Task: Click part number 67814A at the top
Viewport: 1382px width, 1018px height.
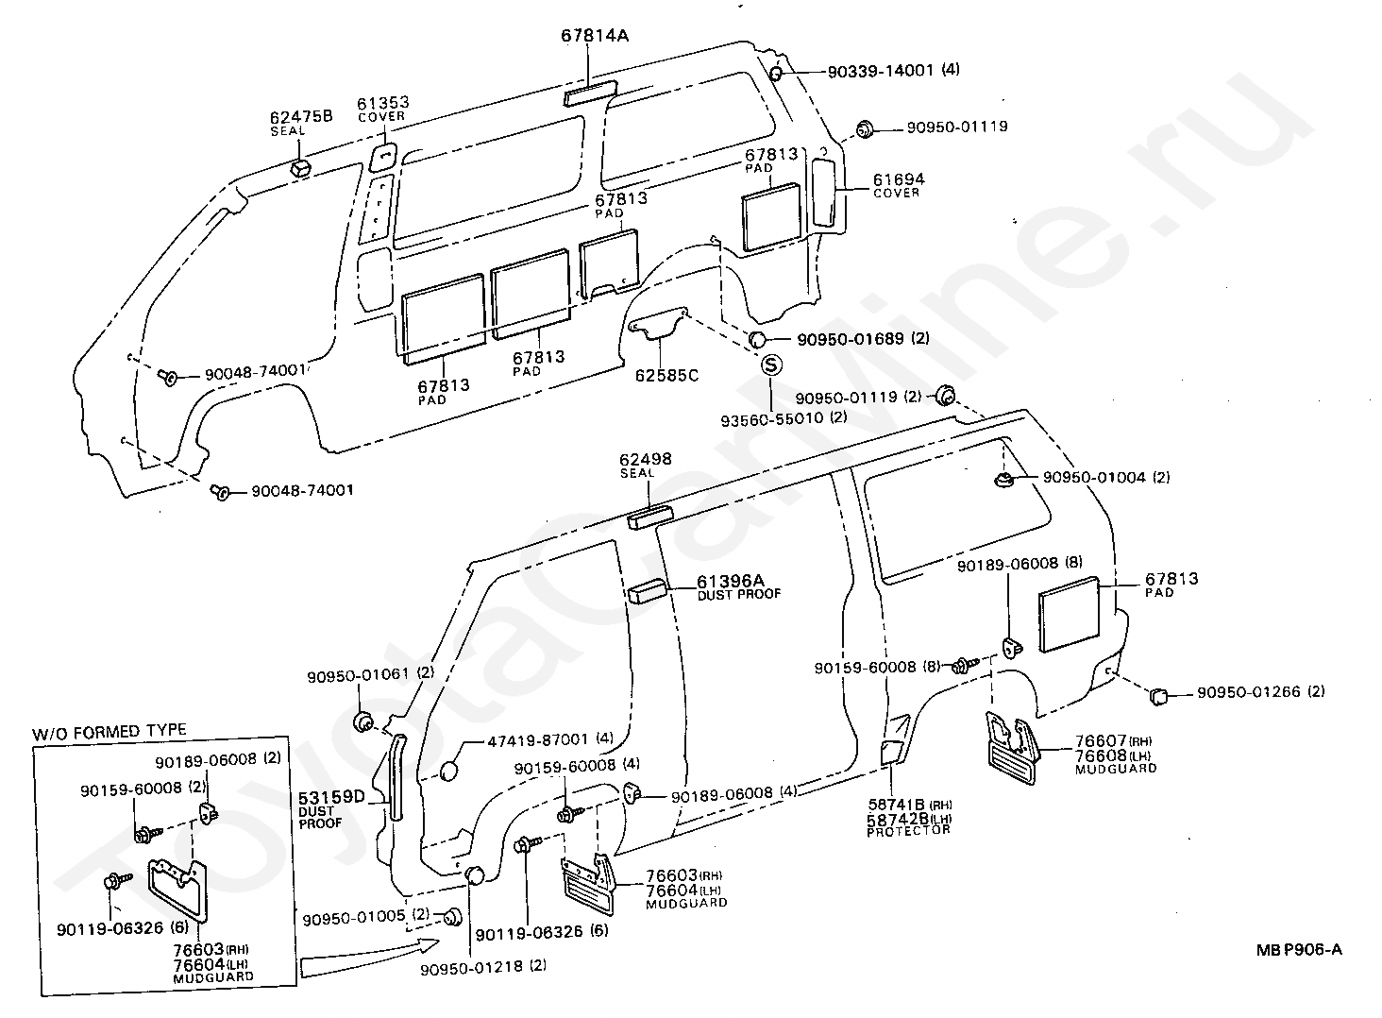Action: coord(594,36)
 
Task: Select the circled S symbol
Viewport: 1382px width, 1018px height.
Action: coord(770,365)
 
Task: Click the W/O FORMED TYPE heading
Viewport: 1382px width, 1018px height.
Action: coord(109,732)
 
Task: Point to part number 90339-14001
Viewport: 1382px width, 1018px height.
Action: coord(881,71)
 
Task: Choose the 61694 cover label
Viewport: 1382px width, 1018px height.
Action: coord(899,184)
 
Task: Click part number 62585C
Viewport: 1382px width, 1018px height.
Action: coord(667,375)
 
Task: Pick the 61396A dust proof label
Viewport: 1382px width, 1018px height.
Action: coord(738,586)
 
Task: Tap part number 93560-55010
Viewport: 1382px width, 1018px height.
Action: coord(772,418)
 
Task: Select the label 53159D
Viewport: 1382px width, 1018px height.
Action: coord(332,796)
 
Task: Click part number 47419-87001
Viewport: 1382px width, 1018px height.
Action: coord(537,740)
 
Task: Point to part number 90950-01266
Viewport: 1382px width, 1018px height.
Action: coord(1249,692)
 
